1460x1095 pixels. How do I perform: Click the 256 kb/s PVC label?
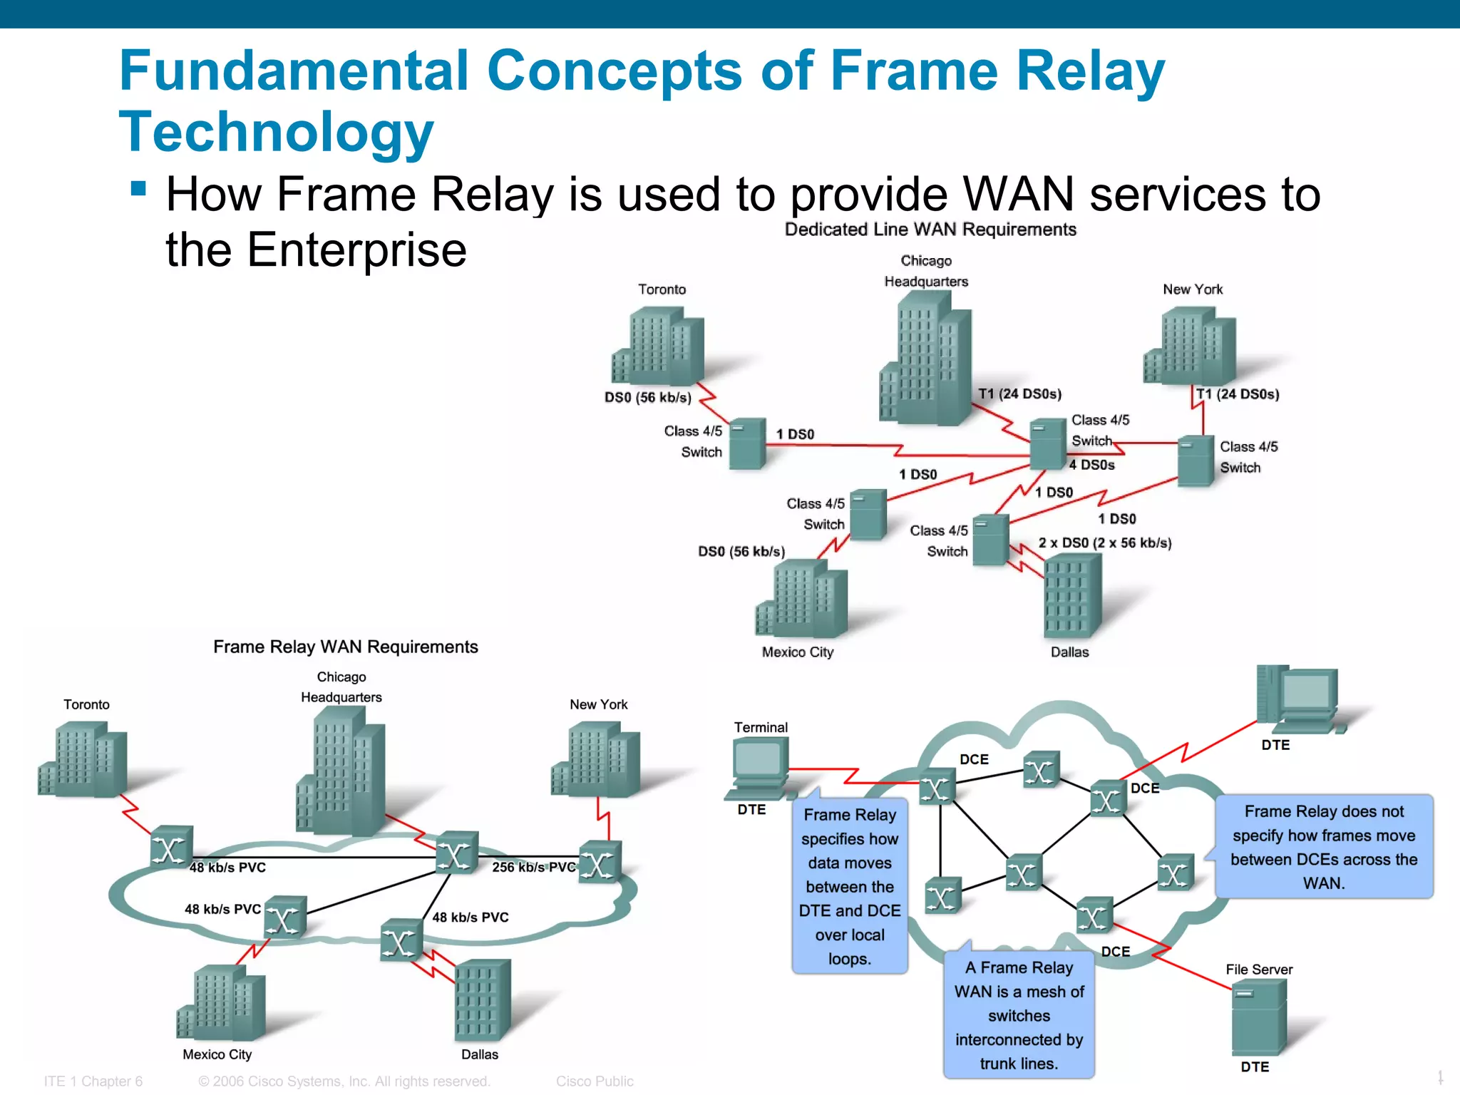533,867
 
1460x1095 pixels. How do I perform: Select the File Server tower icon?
1258,1017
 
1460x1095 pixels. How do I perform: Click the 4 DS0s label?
1091,465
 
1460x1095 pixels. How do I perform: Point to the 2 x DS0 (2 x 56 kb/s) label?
1104,543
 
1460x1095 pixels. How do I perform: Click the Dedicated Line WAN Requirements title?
930,230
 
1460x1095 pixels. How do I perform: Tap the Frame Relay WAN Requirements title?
345,647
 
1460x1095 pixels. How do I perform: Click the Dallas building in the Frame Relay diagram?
482,999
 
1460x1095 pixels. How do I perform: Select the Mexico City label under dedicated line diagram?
797,652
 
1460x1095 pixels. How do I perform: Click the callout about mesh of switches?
1019,1015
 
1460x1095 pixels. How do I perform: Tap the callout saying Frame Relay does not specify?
1323,847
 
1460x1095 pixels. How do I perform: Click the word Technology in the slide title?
276,133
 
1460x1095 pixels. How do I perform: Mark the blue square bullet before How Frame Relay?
139,189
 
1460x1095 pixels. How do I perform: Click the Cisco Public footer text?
595,1081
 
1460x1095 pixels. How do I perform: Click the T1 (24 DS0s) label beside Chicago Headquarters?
1019,394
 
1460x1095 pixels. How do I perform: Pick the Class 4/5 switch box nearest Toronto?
747,443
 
